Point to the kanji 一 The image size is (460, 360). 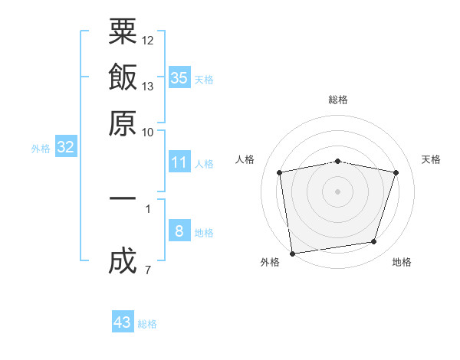[123, 198]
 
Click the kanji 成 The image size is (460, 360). [123, 261]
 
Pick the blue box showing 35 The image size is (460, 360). [179, 77]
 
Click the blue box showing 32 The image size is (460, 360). [65, 148]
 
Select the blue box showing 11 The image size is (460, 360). [179, 162]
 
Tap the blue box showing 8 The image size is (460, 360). [179, 231]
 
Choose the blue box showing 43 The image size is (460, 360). [123, 322]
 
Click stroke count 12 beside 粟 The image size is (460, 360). [148, 40]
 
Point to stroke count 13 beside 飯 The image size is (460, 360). [148, 86]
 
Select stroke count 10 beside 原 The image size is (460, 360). [148, 132]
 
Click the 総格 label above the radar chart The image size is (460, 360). [337, 100]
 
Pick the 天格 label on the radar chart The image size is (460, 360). [431, 159]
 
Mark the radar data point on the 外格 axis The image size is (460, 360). [293, 252]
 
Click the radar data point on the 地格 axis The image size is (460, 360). [374, 242]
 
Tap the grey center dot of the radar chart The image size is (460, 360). [337, 191]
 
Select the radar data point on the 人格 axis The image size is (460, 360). [280, 172]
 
